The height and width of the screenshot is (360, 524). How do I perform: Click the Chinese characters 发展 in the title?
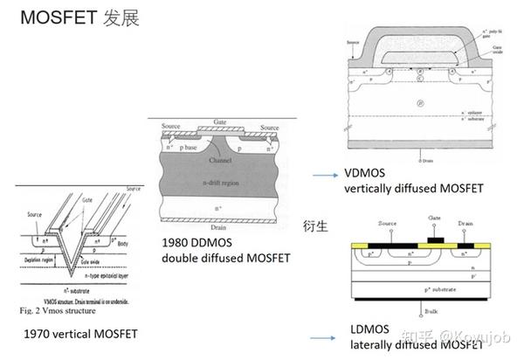coord(121,17)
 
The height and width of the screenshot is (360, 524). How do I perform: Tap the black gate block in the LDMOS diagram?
coord(434,237)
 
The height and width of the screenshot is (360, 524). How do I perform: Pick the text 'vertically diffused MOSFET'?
coord(413,188)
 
